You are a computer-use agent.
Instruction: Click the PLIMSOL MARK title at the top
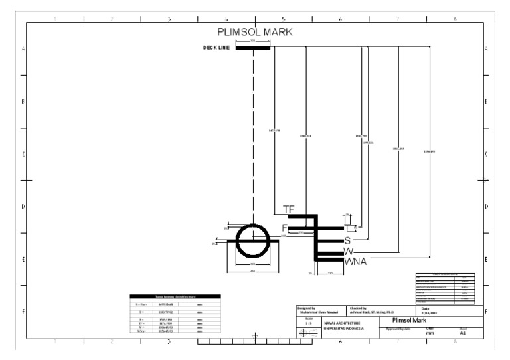[x=255, y=32]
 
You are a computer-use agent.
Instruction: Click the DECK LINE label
[x=216, y=48]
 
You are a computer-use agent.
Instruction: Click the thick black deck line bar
[x=253, y=48]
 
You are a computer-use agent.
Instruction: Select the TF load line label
[x=288, y=209]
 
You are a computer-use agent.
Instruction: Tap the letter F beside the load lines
[x=285, y=228]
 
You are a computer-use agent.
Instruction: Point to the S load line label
[x=347, y=240]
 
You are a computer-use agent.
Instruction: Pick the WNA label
[x=355, y=262]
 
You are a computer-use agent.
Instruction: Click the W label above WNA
[x=348, y=251]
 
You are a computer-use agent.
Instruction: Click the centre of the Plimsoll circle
[x=253, y=240]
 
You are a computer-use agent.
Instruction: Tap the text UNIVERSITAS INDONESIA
[x=345, y=329]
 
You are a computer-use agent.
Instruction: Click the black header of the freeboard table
[x=172, y=296]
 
